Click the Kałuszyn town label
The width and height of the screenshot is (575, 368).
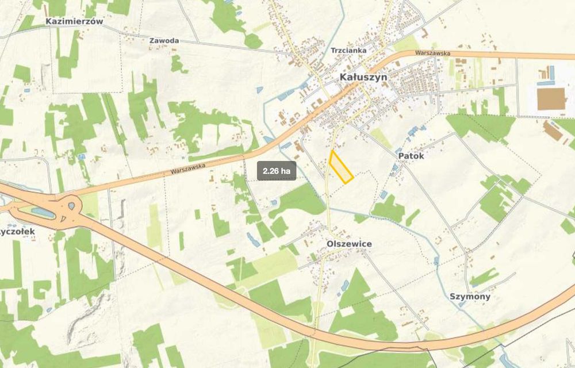click(x=363, y=76)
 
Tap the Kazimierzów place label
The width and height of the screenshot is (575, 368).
click(x=74, y=21)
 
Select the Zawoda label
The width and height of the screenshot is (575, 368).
click(x=164, y=41)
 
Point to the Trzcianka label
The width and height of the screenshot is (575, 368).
click(x=348, y=51)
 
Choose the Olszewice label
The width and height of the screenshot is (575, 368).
click(x=349, y=244)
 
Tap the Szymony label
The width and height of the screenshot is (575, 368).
click(x=470, y=297)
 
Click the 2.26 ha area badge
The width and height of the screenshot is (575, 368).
click(x=277, y=171)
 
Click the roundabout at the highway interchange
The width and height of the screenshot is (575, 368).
click(x=71, y=205)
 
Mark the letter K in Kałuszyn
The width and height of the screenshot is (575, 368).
click(x=343, y=76)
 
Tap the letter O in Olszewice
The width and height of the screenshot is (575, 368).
click(x=330, y=244)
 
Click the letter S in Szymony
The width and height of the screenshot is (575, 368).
click(x=453, y=297)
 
